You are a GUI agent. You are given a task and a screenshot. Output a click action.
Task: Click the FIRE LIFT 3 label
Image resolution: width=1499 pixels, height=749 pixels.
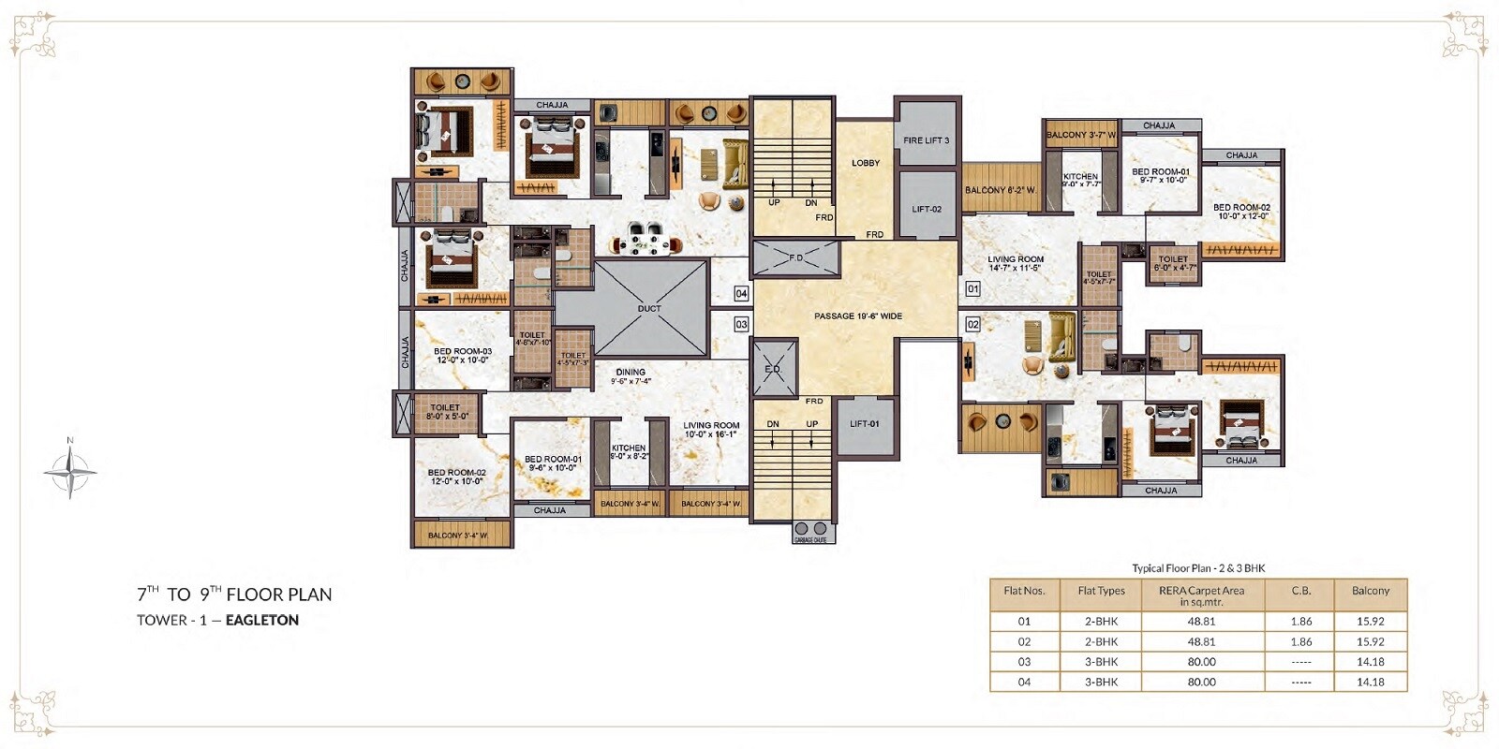tap(926, 140)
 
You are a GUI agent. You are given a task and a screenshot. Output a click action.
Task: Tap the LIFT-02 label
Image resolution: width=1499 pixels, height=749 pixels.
tap(927, 209)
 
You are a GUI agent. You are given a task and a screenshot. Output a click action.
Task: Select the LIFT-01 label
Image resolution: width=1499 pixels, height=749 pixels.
tap(864, 424)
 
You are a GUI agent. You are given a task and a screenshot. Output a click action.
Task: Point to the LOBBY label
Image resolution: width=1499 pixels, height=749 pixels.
tap(866, 163)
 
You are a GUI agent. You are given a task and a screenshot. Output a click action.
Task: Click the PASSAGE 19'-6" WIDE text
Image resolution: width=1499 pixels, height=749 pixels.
tap(857, 316)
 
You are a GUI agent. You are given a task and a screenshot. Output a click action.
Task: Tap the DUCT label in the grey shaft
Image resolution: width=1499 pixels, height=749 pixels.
tap(649, 308)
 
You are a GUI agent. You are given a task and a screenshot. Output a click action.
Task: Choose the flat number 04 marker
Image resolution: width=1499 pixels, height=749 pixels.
tap(741, 294)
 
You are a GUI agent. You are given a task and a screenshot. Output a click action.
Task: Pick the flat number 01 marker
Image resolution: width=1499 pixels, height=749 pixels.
tap(972, 289)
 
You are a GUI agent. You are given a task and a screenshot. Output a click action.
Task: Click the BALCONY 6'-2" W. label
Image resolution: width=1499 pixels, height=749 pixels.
tap(1001, 190)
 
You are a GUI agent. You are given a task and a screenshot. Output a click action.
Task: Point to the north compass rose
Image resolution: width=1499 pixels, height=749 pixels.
tap(70, 471)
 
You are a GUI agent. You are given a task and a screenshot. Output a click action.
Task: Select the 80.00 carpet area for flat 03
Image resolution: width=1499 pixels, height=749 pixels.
tap(1201, 662)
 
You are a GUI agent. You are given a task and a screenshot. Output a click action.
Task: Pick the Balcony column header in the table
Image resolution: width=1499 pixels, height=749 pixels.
tap(1370, 591)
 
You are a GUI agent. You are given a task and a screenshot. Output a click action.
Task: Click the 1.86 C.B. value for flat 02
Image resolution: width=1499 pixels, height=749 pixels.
tap(1300, 641)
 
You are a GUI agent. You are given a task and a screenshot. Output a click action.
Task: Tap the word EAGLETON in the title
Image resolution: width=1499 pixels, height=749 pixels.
tap(262, 620)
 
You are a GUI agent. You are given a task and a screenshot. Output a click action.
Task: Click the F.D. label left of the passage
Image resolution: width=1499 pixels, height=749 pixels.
tap(795, 257)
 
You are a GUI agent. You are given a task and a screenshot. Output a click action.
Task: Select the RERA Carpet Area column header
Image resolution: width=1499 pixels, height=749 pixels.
tap(1201, 595)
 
